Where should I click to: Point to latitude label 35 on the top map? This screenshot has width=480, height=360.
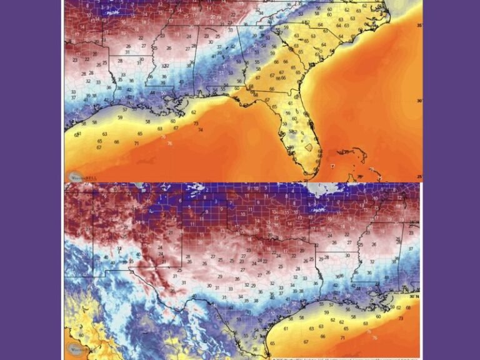click(x=418, y=25)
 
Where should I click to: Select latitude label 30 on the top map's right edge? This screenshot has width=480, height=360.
click(x=418, y=100)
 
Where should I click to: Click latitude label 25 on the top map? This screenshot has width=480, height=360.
click(x=418, y=177)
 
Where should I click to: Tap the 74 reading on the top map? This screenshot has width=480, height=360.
click(x=200, y=130)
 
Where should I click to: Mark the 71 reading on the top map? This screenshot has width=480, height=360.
click(x=136, y=144)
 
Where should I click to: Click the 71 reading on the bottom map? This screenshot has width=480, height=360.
click(x=342, y=337)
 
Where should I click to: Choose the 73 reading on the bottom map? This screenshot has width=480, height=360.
click(x=400, y=319)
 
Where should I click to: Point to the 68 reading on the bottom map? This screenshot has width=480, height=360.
click(x=408, y=307)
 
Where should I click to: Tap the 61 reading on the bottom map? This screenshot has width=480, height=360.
click(x=286, y=329)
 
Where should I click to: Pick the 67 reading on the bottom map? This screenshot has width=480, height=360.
click(x=306, y=342)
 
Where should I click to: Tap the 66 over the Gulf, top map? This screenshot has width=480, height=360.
click(x=117, y=142)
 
